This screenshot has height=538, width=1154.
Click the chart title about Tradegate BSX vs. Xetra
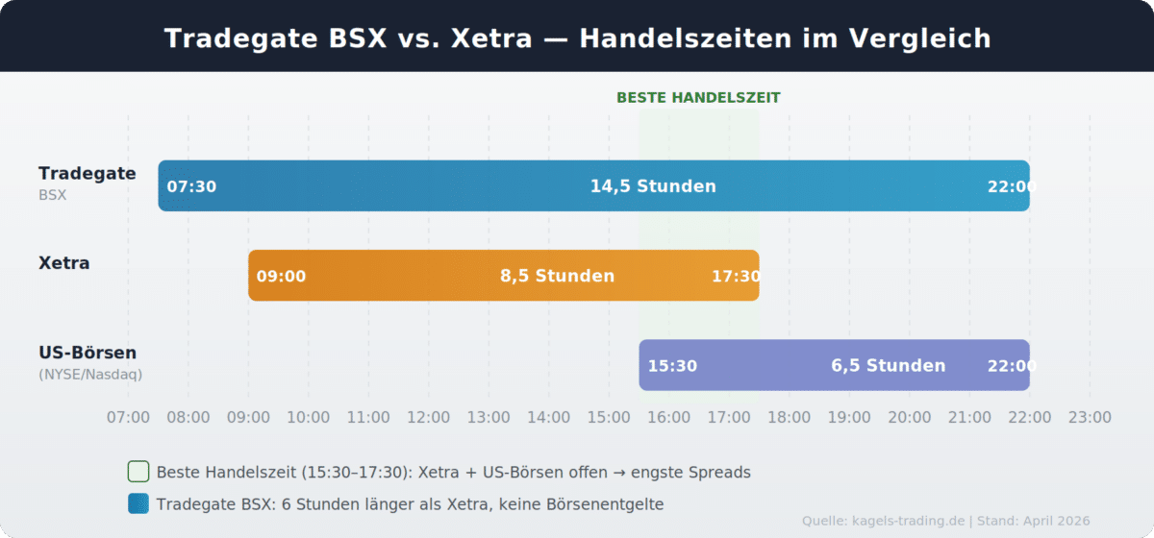tap(577, 38)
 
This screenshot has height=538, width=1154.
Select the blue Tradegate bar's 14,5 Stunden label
tap(653, 186)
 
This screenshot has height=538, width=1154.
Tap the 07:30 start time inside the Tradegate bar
tap(191, 186)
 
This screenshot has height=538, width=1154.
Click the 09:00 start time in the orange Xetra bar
tap(281, 277)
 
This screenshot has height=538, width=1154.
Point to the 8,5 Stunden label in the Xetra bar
tap(557, 277)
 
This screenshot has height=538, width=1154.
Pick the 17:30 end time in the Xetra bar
tap(736, 277)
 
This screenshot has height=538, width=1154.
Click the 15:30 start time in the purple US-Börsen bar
tap(672, 366)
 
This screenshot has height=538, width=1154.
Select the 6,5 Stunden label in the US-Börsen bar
tap(888, 366)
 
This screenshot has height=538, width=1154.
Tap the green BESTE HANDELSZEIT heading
tap(698, 98)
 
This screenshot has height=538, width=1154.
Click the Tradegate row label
tap(87, 174)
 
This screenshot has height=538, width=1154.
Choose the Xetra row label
tap(63, 263)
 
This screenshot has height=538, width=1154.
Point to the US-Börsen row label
tap(88, 354)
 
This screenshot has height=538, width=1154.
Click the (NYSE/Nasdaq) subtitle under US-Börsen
tap(90, 375)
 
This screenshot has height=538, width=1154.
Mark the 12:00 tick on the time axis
tap(428, 417)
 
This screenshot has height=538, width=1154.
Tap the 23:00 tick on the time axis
tap(1089, 417)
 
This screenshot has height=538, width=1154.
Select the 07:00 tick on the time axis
tap(128, 417)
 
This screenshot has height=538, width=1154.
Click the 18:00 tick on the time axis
tap(789, 417)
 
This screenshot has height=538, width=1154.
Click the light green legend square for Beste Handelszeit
tap(138, 472)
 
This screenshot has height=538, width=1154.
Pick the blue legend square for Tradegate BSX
tap(138, 503)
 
